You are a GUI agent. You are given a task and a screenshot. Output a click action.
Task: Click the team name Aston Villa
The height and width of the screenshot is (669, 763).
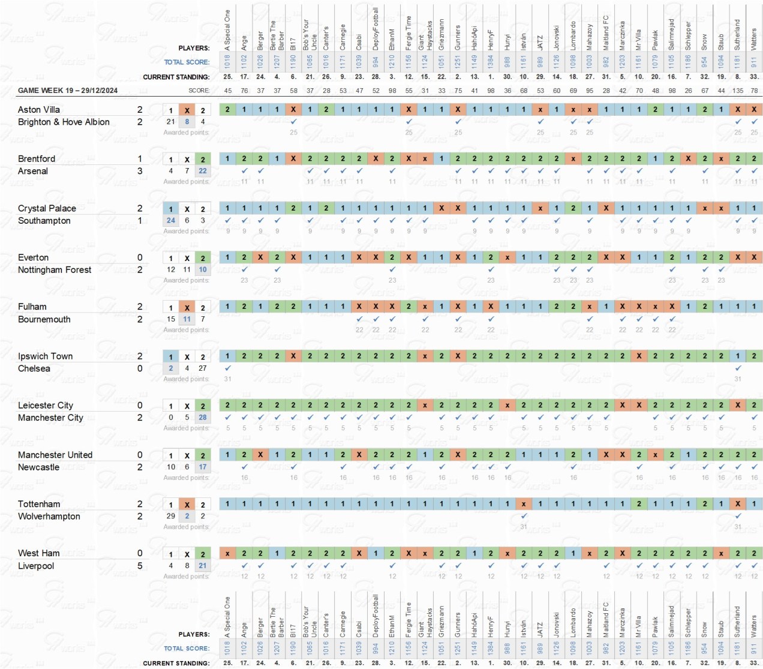click(39, 110)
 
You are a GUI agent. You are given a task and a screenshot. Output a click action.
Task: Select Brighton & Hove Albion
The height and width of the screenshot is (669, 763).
click(64, 122)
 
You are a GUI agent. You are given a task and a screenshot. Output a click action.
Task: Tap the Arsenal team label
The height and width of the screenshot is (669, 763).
click(33, 171)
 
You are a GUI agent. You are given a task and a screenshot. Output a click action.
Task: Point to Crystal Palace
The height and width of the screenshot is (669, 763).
click(47, 208)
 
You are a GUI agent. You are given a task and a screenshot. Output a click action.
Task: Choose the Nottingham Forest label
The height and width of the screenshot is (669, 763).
click(55, 270)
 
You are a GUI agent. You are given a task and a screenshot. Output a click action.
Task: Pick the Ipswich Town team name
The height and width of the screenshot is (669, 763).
click(45, 356)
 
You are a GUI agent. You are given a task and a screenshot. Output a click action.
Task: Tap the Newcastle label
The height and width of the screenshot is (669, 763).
click(38, 467)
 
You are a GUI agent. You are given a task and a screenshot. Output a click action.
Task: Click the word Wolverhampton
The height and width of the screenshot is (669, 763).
click(49, 517)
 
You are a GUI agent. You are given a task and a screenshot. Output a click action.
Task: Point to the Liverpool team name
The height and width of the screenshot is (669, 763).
click(36, 566)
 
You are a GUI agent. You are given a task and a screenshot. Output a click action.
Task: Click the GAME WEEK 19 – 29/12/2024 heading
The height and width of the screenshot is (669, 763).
click(68, 91)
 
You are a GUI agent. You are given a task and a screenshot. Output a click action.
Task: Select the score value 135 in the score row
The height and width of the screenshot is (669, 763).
click(738, 91)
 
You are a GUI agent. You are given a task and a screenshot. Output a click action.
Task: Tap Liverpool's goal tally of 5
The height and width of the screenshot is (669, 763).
click(140, 566)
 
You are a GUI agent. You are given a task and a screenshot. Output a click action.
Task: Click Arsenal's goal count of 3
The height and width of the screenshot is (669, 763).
click(140, 171)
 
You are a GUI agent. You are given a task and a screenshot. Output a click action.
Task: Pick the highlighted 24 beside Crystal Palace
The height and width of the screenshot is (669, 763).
click(171, 220)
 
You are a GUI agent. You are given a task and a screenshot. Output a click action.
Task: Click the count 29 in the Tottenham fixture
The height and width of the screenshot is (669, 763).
click(171, 516)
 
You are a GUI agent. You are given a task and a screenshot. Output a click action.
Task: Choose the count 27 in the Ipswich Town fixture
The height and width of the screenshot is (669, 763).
click(203, 368)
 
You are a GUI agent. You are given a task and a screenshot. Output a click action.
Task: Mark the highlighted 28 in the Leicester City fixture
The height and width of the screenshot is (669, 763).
click(203, 418)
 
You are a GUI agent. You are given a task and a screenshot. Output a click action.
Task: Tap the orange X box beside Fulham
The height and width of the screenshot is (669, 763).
click(187, 307)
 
